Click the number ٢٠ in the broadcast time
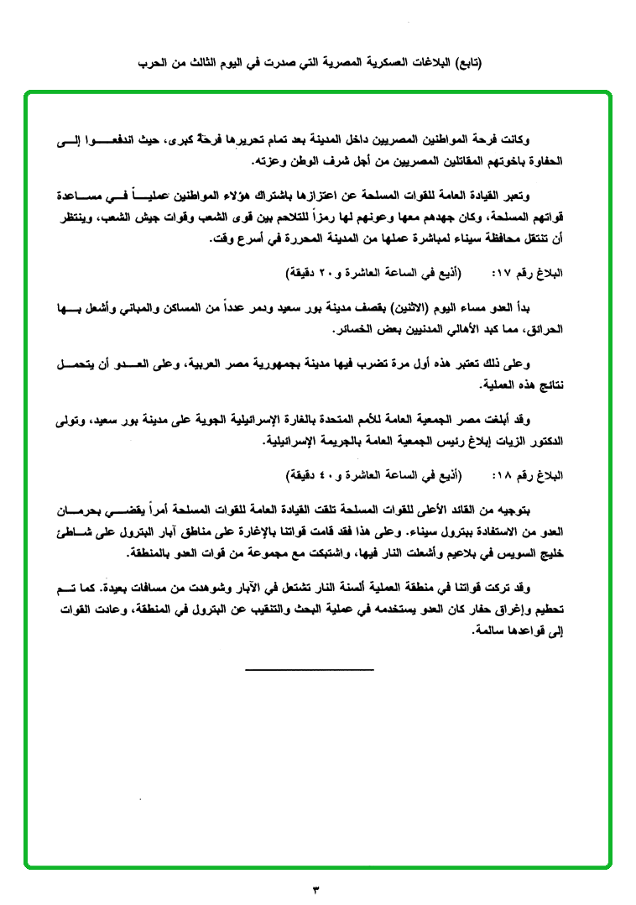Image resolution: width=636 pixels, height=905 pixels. click(330, 275)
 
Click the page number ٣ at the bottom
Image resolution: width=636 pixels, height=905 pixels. click(317, 887)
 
